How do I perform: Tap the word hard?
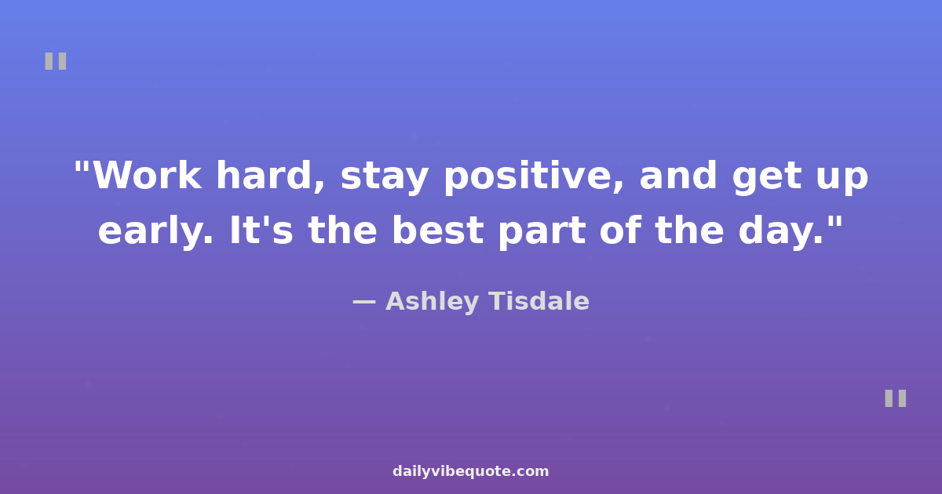tap(270, 176)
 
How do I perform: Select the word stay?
tap(385, 178)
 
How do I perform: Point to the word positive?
tap(533, 176)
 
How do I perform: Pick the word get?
tap(766, 178)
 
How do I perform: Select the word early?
tap(155, 232)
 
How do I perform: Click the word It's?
tap(261, 230)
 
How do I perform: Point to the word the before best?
tap(342, 229)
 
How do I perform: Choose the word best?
tap(437, 229)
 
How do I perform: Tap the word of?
tap(620, 229)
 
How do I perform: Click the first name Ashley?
tap(433, 302)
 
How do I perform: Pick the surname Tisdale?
tap(539, 301)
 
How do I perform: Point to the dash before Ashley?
tap(363, 303)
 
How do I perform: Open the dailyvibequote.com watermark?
tap(470, 471)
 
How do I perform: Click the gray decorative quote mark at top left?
tap(56, 61)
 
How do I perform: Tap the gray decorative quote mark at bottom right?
tap(896, 398)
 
